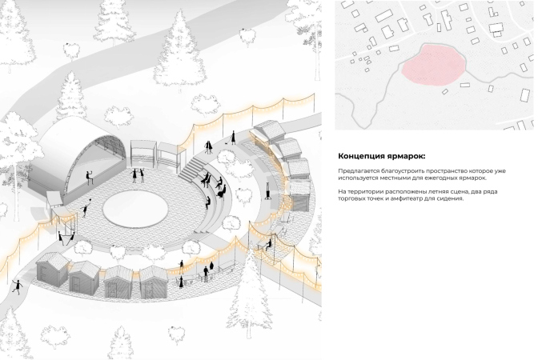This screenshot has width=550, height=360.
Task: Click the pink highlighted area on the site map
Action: (433, 66)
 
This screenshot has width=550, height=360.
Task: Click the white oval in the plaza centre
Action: (134, 209)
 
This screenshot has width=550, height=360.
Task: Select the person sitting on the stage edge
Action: (89, 178)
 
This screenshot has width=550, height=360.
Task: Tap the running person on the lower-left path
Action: (17, 286)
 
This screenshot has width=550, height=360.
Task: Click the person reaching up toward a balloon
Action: (85, 210)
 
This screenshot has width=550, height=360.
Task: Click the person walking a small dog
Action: (233, 138)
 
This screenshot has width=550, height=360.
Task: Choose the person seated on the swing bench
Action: (269, 244)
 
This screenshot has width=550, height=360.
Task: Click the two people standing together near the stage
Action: (138, 175)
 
